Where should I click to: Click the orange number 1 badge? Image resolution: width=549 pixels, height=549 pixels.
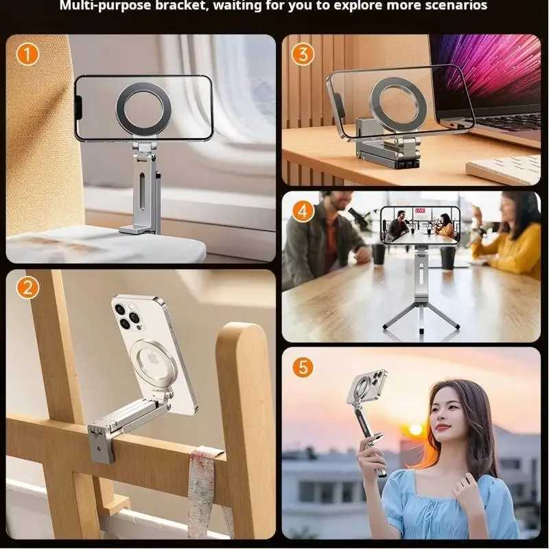27,54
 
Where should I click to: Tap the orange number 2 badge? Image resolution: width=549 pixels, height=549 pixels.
27,288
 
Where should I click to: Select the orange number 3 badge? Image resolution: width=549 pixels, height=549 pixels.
303,54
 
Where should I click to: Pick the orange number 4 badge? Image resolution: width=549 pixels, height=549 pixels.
303,211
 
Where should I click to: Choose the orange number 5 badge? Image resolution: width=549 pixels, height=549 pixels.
303,367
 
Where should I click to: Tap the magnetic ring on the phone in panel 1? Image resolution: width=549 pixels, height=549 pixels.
143,108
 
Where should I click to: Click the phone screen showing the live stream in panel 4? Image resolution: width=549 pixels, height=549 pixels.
419,225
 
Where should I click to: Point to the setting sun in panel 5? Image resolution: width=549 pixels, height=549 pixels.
415,429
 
